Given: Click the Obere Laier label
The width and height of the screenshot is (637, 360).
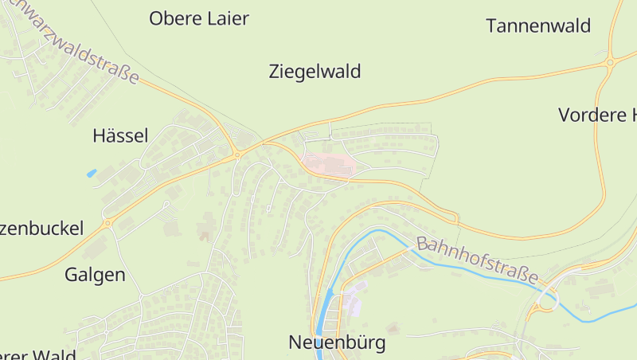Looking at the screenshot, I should point(199,18).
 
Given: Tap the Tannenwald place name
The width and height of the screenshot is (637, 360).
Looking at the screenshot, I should point(538,25).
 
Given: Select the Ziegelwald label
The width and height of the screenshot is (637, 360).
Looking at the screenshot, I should point(315,72).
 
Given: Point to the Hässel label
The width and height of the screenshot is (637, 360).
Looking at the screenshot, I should point(120,135).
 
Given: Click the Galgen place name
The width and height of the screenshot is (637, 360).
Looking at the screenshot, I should point(95,276).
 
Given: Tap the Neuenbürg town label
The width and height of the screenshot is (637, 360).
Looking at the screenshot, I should point(337,343).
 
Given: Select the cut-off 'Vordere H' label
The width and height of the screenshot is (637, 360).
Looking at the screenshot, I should point(597,115).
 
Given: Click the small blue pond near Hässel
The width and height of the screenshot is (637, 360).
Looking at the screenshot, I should point(91,173).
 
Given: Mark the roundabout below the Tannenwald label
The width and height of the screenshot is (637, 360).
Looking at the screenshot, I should point(610,61).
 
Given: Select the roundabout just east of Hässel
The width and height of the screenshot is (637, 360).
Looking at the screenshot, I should point(237,155).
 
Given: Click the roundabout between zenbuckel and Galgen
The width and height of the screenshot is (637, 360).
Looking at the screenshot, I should point(107,224).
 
